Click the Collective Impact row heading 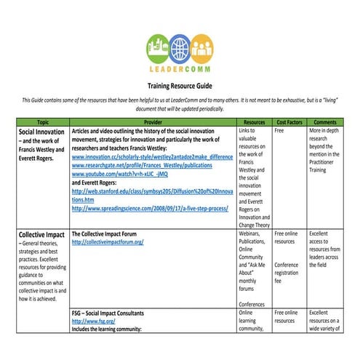coord(44,236)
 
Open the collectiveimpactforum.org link coord(108,242)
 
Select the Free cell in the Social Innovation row coord(280,132)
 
